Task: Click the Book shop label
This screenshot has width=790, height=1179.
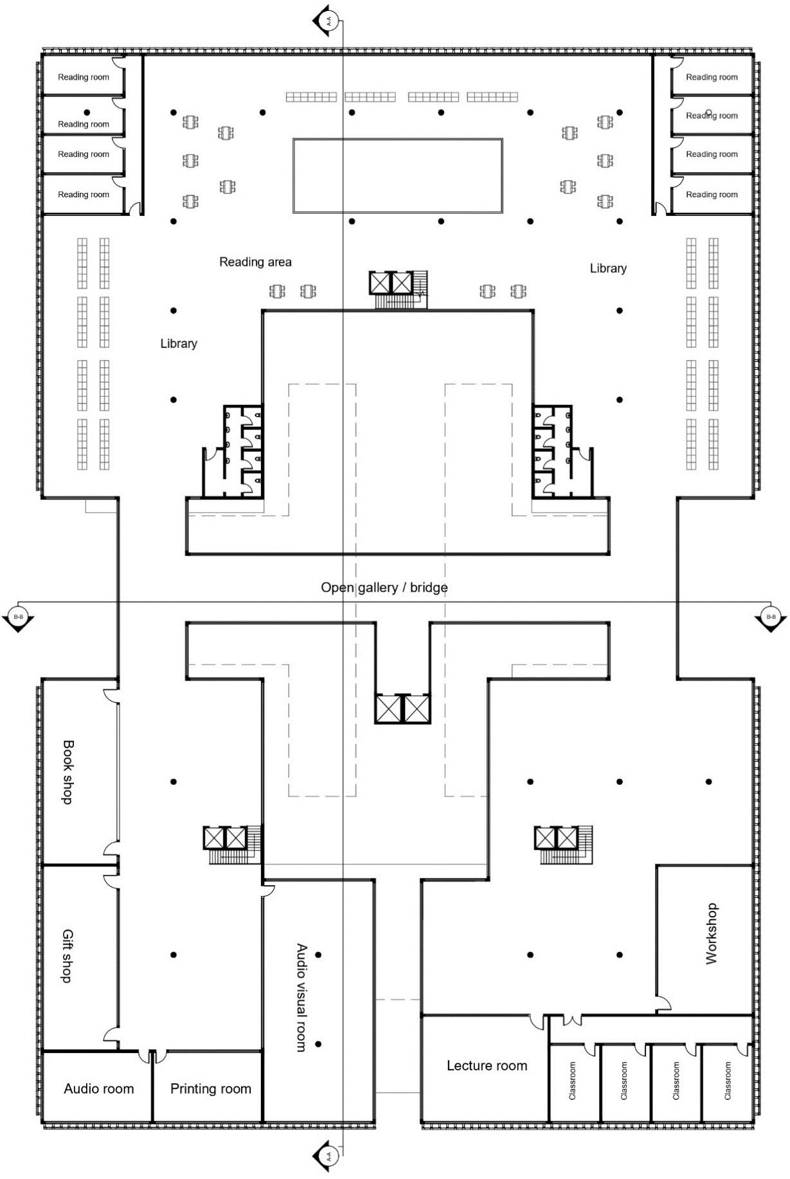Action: pyautogui.click(x=67, y=771)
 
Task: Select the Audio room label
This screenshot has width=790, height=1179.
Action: pyautogui.click(x=99, y=1088)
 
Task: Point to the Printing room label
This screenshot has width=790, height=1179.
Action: pyautogui.click(x=211, y=1088)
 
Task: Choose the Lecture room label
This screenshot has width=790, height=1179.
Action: pyautogui.click(x=487, y=1065)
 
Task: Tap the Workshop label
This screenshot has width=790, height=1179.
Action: pyautogui.click(x=711, y=933)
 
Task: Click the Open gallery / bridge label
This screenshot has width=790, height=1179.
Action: pyautogui.click(x=384, y=588)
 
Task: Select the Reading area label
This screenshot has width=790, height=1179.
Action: pyautogui.click(x=255, y=262)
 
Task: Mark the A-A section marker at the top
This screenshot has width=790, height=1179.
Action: pyautogui.click(x=326, y=20)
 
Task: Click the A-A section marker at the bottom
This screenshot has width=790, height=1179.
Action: pyautogui.click(x=326, y=1156)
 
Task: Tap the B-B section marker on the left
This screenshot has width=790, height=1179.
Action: pyautogui.click(x=18, y=618)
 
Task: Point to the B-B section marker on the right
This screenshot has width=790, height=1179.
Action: pyautogui.click(x=771, y=618)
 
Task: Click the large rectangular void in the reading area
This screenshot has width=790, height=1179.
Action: pyautogui.click(x=397, y=175)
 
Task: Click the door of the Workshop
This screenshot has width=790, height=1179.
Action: pyautogui.click(x=663, y=1003)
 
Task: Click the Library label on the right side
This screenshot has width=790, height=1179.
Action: pyautogui.click(x=608, y=268)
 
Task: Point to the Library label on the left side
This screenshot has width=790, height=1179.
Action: pyautogui.click(x=179, y=343)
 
